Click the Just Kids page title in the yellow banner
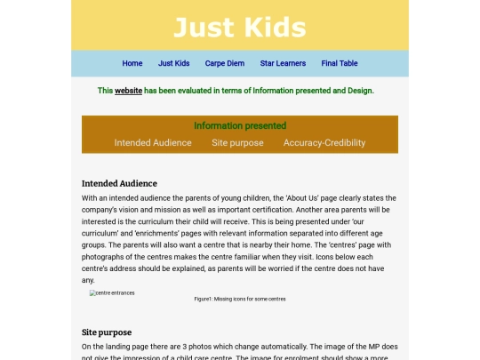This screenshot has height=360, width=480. point(239,27)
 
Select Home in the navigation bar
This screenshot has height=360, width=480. point(132,63)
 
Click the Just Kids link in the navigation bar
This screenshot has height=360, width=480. point(174,63)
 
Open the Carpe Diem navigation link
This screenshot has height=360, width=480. point(224,63)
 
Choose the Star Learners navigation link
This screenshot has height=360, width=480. point(283,63)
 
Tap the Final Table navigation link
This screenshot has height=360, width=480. point(340,63)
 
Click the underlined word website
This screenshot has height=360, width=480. point(128,91)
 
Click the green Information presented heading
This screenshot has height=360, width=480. point(240,126)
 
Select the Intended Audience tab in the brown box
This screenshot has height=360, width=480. point(153,142)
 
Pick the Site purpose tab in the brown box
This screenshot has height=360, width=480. point(237,142)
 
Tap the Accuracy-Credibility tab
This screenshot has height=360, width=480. point(324,142)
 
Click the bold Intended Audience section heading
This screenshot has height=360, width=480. point(119,184)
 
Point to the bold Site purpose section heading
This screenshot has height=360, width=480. point(107,332)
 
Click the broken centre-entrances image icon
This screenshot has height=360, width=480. point(92,292)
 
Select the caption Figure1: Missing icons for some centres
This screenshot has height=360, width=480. point(240,299)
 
